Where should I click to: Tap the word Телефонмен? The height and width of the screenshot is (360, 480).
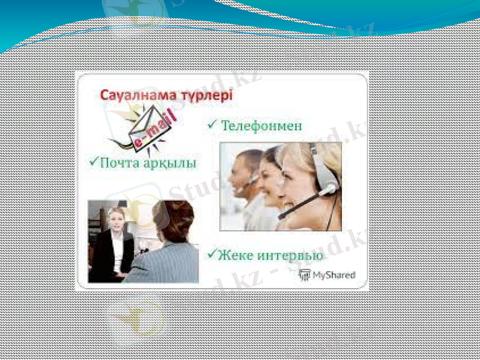(x=262, y=127)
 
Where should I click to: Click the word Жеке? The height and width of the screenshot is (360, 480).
(x=235, y=255)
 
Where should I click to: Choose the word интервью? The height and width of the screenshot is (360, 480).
(x=290, y=256)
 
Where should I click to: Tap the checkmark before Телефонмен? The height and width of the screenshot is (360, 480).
(x=212, y=125)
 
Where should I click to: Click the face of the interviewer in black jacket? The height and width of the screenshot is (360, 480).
(x=115, y=218)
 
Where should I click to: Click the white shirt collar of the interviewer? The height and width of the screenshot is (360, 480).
(x=118, y=238)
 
